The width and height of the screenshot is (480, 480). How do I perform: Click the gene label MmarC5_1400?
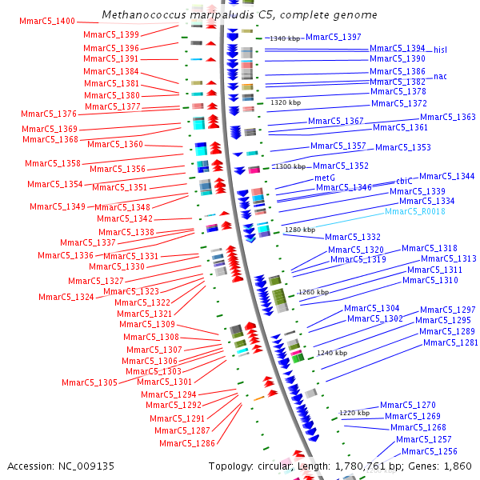(x=47, y=21)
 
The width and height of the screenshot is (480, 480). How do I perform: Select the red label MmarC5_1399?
(x=111, y=34)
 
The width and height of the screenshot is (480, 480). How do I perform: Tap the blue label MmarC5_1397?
(x=334, y=37)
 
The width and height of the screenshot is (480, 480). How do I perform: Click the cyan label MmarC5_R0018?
(x=415, y=212)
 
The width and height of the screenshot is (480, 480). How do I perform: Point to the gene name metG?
(x=324, y=178)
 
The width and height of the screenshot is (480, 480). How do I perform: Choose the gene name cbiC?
(x=405, y=181)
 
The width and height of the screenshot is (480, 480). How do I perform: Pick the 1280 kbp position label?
(x=300, y=230)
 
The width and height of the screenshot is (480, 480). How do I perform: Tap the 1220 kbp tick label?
(x=354, y=413)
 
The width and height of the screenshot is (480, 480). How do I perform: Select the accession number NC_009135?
(x=88, y=466)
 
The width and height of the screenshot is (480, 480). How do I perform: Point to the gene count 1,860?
(x=458, y=466)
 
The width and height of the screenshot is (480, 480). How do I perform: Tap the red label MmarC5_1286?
(x=187, y=443)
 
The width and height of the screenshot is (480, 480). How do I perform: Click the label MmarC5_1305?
(x=90, y=382)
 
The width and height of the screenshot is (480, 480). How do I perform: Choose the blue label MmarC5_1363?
(x=448, y=117)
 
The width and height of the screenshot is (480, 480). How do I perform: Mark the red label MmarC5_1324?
(x=66, y=297)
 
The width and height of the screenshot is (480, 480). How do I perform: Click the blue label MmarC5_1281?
(x=450, y=342)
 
